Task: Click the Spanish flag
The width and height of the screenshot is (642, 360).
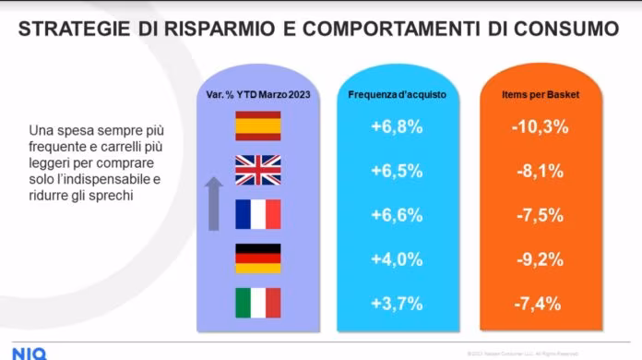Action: click(x=258, y=126)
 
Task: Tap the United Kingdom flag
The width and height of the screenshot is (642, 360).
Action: click(x=258, y=170)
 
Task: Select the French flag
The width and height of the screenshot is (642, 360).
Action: click(x=258, y=215)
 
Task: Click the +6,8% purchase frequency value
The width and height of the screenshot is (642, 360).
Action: click(x=397, y=126)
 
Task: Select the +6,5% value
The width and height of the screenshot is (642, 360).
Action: click(x=397, y=171)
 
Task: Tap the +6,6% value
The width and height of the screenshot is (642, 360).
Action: click(x=397, y=215)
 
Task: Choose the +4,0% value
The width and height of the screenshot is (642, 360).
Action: click(x=397, y=259)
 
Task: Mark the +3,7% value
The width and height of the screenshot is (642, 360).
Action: click(x=397, y=304)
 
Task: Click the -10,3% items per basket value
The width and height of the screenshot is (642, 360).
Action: click(x=537, y=126)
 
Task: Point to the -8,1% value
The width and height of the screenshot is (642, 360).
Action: click(x=537, y=171)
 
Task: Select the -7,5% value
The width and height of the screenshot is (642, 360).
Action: click(x=537, y=215)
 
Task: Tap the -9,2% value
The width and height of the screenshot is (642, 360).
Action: click(x=537, y=259)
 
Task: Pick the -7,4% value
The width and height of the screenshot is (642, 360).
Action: click(x=537, y=304)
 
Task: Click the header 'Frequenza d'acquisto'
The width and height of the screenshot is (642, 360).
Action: click(x=396, y=95)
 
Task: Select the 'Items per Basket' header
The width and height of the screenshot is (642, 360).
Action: click(x=537, y=95)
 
